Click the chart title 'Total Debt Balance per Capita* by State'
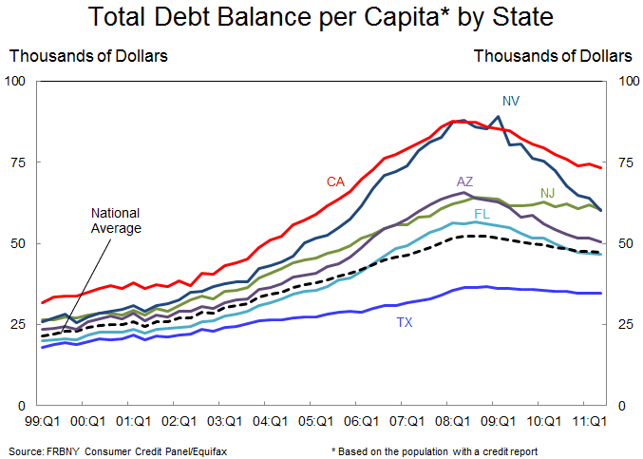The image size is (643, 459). [x=320, y=19]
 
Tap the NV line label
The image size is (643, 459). [x=511, y=100]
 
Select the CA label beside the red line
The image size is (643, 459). [x=335, y=181]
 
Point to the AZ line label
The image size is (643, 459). [x=465, y=181]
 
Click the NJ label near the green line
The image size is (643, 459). [x=547, y=193]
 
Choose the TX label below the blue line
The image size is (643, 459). [x=405, y=323]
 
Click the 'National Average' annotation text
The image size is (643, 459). [x=116, y=220]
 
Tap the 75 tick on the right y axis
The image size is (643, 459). [x=625, y=163]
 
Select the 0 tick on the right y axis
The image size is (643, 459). [x=621, y=406]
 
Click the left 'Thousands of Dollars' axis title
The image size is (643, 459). [x=88, y=56]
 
